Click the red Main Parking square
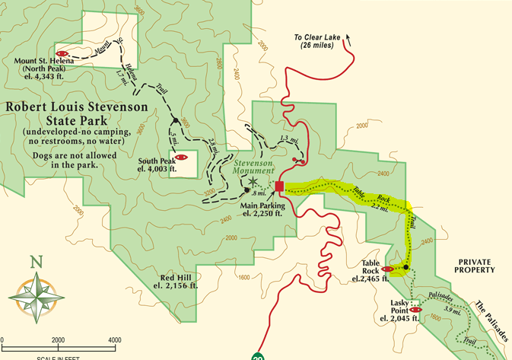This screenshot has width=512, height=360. click(280, 186)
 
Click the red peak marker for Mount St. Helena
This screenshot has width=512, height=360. click(63, 54)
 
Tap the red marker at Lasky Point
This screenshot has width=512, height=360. click(415, 310)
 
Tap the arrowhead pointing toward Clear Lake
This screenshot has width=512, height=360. click(348, 34)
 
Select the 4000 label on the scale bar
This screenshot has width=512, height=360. click(115, 339)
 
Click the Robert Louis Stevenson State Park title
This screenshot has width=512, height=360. click(76, 113)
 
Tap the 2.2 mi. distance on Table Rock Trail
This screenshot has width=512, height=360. click(380, 205)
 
